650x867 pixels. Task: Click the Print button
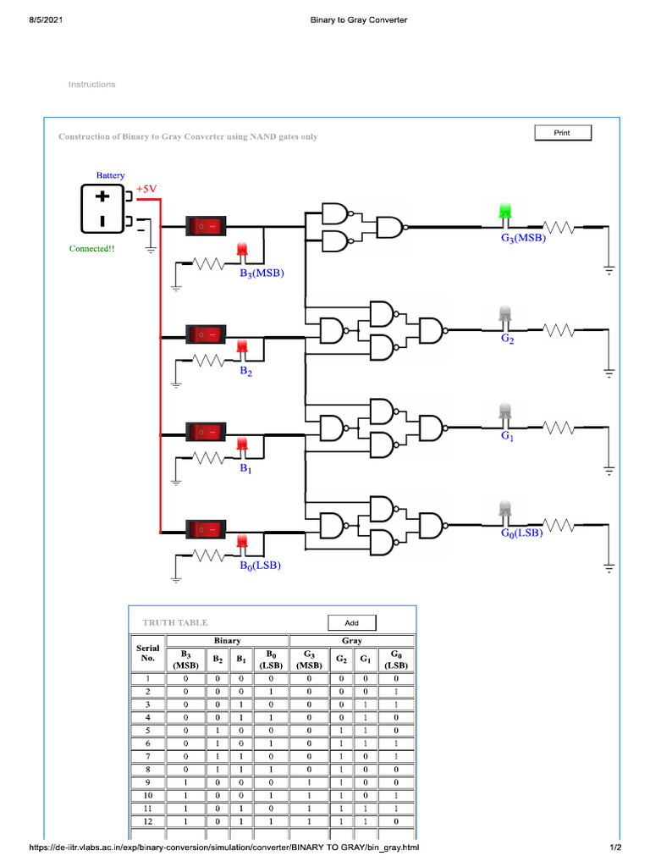pyautogui.click(x=562, y=133)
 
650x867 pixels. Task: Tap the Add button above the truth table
pyautogui.click(x=352, y=623)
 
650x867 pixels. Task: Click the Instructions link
pyautogui.click(x=91, y=85)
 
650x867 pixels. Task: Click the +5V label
pyautogui.click(x=147, y=189)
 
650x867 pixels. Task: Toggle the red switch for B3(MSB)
pyautogui.click(x=207, y=226)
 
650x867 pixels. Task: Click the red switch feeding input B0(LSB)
pyautogui.click(x=207, y=530)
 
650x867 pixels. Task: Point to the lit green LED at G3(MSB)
pyautogui.click(x=506, y=212)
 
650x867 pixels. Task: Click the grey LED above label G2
pyautogui.click(x=506, y=314)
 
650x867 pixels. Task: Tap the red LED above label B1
pyautogui.click(x=241, y=445)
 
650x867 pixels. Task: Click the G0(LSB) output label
pyautogui.click(x=521, y=533)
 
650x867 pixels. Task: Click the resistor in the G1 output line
pyautogui.click(x=559, y=428)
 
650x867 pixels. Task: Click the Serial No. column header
pyautogui.click(x=147, y=653)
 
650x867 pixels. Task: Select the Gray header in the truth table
pyautogui.click(x=351, y=641)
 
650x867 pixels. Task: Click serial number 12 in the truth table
pyautogui.click(x=147, y=820)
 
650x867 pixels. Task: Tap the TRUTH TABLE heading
pyautogui.click(x=174, y=622)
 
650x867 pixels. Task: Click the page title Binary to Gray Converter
pyautogui.click(x=359, y=19)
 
